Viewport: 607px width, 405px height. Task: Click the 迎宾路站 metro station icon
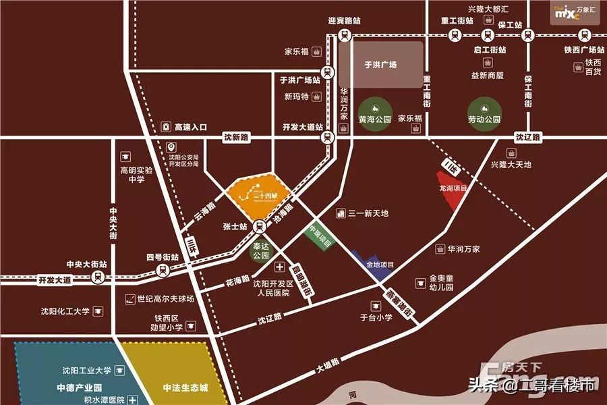click(x=345, y=35)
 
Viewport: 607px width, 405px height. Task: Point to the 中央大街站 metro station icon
click(x=98, y=277)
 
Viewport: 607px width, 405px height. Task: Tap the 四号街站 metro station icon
click(x=163, y=271)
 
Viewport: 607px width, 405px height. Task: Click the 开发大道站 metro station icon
click(x=328, y=138)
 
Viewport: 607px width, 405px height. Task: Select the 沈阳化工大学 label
click(x=65, y=311)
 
